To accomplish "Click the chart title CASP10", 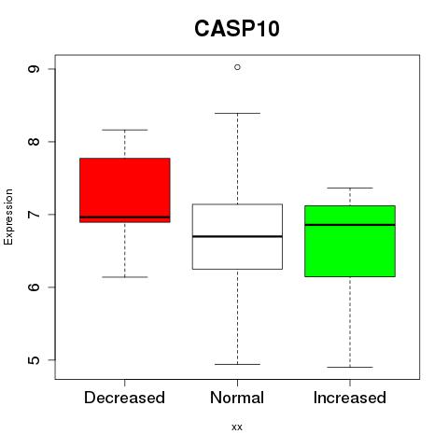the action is coord(237,29).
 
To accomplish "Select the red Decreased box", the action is coord(125,190).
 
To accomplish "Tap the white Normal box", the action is coord(237,236).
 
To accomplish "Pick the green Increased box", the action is coord(350,241).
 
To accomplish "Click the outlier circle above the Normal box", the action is coord(237,67).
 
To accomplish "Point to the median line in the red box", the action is coord(125,217).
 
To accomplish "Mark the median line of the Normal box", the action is coord(237,236).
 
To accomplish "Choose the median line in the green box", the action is coord(350,225).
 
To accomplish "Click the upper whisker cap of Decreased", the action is coord(125,130).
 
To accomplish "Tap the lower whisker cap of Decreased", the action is coord(125,277).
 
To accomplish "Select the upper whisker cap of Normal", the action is coord(237,113).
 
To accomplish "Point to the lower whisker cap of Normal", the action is coord(237,364).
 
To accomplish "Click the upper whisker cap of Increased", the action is coord(350,188).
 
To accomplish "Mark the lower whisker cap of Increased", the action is coord(350,367).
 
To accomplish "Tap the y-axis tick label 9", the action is coord(34,69).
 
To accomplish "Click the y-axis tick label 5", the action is coord(34,360).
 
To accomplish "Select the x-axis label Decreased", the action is coord(124,398).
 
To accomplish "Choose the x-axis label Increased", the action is coord(350,398).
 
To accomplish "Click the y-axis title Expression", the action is coord(8,217).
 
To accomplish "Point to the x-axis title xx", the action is coord(237,427).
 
